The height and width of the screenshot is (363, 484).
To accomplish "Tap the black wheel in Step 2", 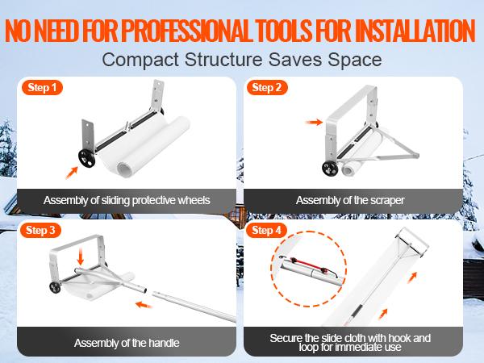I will coord(331,168).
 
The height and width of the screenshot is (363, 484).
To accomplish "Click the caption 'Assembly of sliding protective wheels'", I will coord(127,200).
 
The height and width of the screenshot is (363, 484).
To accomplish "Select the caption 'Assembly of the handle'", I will coord(127,343).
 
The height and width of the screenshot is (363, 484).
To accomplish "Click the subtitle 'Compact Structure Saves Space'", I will coord(241,60).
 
